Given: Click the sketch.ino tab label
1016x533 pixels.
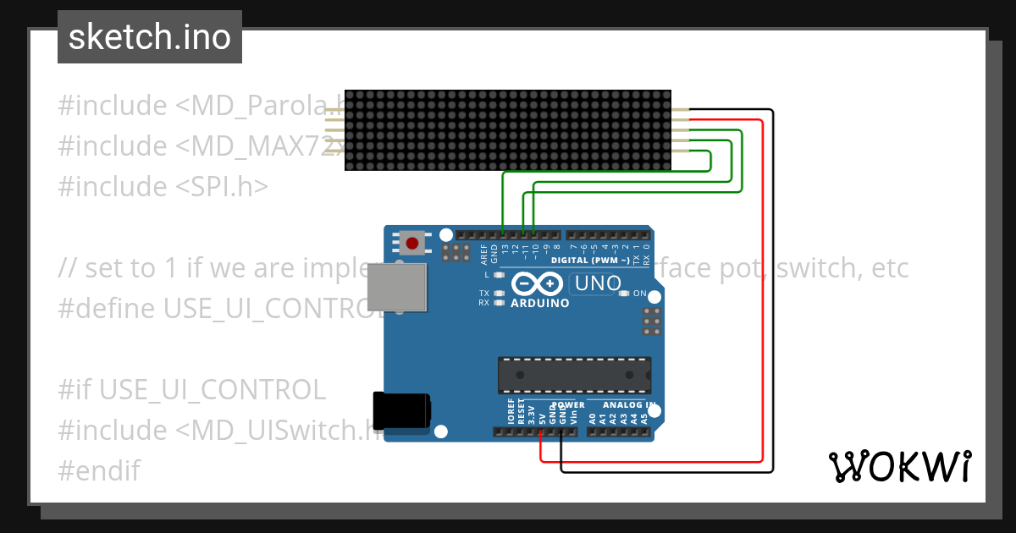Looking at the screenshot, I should tap(150, 37).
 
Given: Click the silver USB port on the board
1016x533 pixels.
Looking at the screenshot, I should tap(396, 287).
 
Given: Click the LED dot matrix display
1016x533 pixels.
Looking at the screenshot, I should tap(508, 130).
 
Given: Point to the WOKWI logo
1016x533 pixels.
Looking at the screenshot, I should tap(899, 466).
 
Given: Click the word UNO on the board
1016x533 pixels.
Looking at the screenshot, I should tap(598, 283).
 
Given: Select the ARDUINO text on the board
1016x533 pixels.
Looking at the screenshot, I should tap(540, 302).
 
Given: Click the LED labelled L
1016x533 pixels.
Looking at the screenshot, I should tap(499, 275).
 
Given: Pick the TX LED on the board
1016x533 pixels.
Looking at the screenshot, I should tap(499, 294).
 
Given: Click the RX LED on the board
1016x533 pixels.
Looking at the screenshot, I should tap(499, 302).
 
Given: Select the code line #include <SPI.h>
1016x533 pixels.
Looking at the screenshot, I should tap(163, 186).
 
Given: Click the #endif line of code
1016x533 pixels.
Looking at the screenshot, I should tap(99, 470).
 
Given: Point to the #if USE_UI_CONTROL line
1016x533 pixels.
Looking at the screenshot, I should tap(191, 389).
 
